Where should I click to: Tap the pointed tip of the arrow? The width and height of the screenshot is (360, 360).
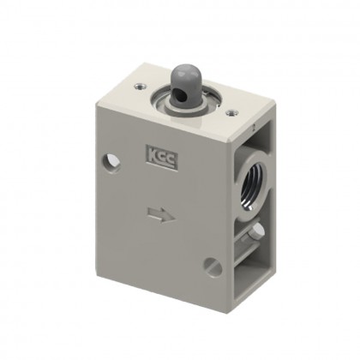tap(167, 219)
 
